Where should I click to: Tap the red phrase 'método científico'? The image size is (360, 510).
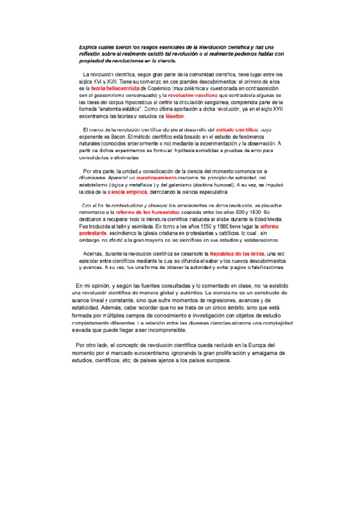237,130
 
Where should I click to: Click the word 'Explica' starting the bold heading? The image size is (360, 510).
90,47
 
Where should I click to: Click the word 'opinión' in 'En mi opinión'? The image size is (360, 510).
103,285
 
